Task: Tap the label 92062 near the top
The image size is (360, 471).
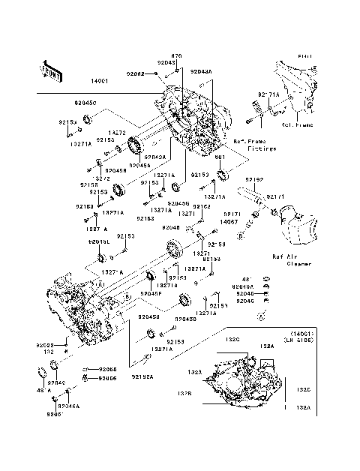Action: [135, 74]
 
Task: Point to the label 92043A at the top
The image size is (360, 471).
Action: [200, 71]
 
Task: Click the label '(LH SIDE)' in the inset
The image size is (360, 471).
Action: [297, 341]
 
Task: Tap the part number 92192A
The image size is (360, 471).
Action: [142, 376]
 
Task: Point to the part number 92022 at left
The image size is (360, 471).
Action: [44, 345]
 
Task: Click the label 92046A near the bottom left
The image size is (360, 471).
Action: [67, 406]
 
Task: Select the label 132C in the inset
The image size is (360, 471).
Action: [232, 340]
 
